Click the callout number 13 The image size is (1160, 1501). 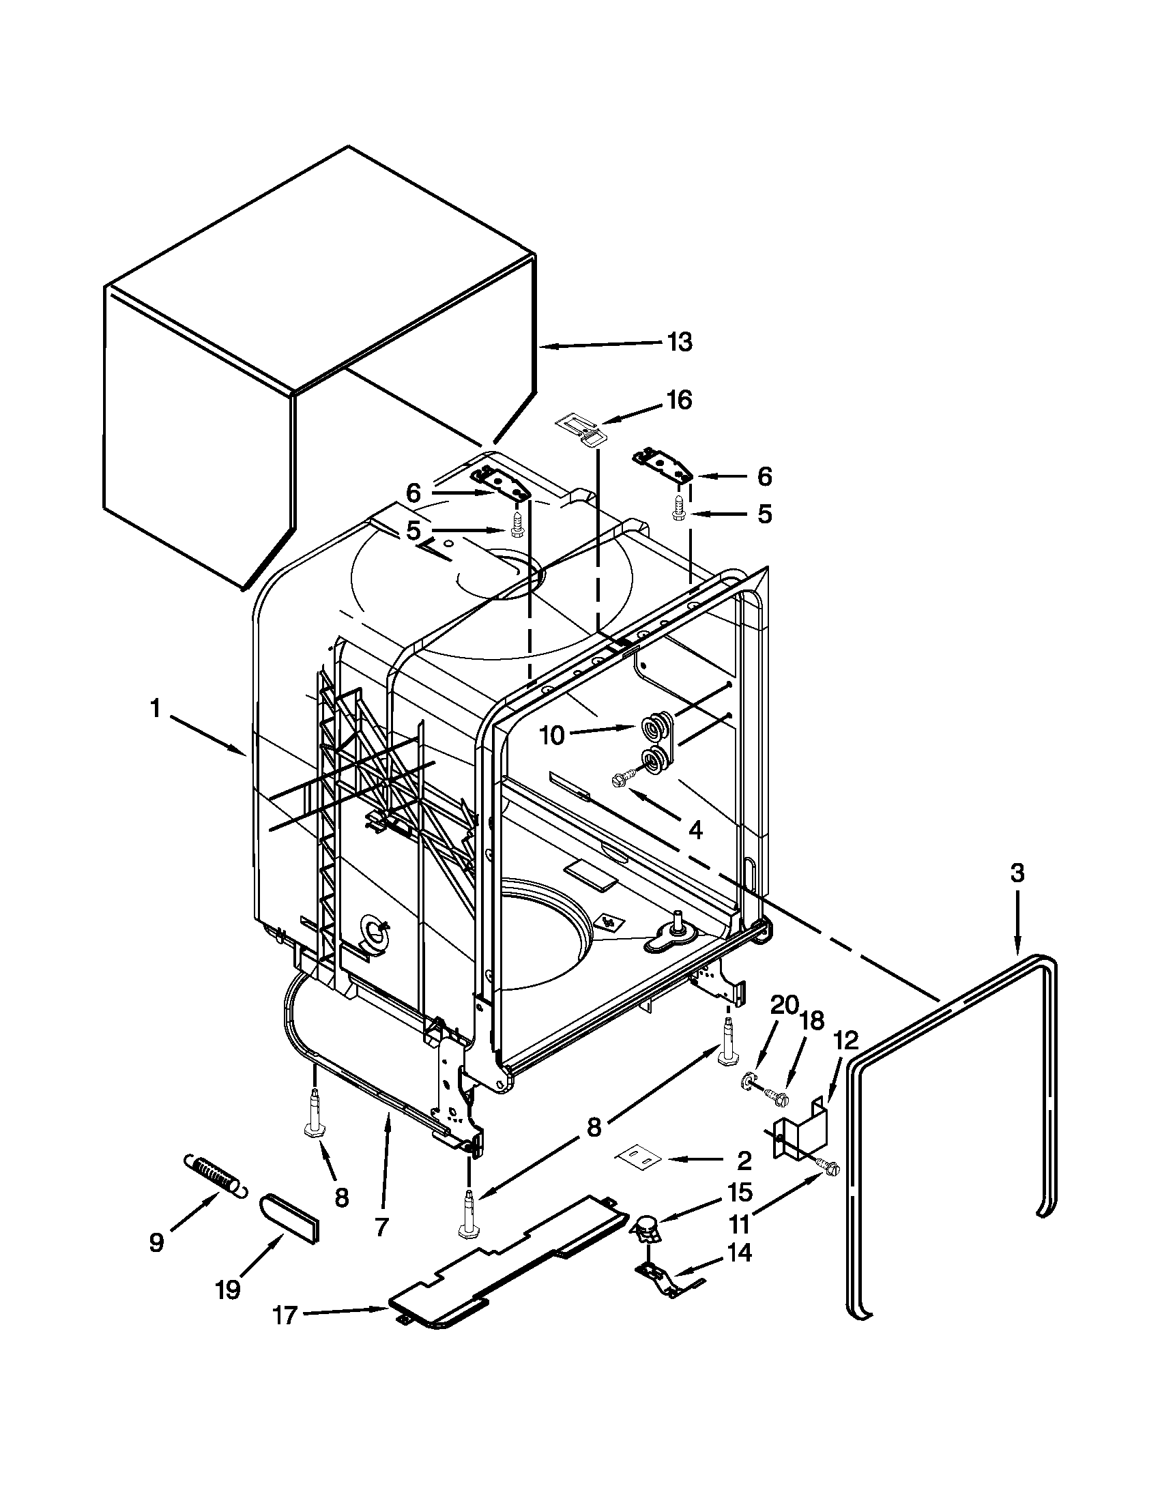(x=679, y=342)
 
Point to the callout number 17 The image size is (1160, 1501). (x=285, y=1315)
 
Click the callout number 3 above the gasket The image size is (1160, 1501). (x=1017, y=873)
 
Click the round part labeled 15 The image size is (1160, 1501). (x=646, y=1225)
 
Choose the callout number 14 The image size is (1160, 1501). (x=739, y=1253)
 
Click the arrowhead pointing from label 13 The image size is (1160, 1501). (x=544, y=348)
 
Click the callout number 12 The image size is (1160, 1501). (x=846, y=1040)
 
